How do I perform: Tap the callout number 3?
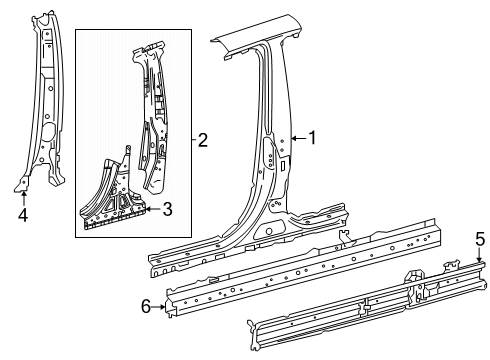(167, 208)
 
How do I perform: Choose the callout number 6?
(146, 306)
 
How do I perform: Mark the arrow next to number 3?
(152, 208)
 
